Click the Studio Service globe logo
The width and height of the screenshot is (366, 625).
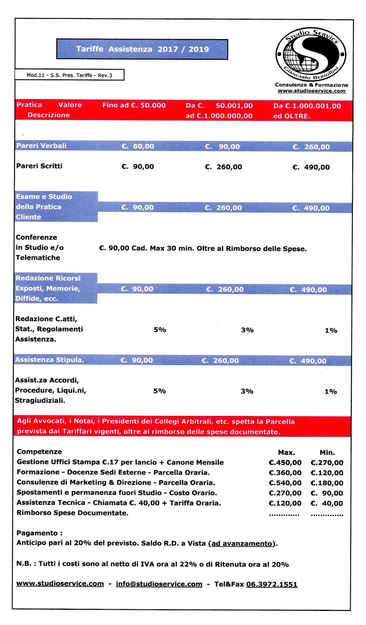point(311,54)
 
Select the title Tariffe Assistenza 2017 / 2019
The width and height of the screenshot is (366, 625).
point(142,49)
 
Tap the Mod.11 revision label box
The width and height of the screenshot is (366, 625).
point(69,75)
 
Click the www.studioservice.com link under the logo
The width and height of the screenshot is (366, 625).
point(312,91)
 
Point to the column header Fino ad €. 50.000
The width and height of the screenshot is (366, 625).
point(134,105)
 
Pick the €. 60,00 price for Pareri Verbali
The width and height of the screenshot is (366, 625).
point(138,146)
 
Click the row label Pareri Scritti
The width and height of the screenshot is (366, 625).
point(39,166)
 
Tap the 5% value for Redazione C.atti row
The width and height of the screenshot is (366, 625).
point(160,330)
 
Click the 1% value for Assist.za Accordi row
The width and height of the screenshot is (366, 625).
point(331,391)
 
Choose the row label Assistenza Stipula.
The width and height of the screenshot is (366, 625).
point(49,360)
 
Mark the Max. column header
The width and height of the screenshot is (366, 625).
point(286,452)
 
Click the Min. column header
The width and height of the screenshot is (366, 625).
point(327,452)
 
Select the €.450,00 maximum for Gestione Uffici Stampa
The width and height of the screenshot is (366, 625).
point(285,462)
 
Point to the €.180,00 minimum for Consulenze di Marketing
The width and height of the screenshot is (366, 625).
point(327,483)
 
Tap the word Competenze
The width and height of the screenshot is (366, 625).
point(39,452)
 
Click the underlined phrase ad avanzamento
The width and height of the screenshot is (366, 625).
point(241,543)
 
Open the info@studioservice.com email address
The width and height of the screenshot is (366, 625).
point(159,584)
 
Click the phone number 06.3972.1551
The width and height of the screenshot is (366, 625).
point(272,584)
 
